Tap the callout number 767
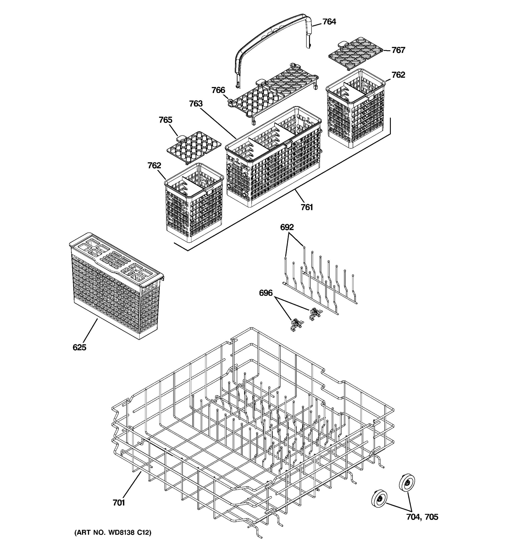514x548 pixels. [398, 50]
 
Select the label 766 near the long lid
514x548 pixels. [218, 90]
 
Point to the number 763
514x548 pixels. [196, 104]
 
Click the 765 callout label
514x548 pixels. [165, 120]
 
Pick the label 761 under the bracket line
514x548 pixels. [307, 207]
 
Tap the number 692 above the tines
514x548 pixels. [287, 227]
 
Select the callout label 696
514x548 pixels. [265, 293]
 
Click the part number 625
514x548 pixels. [79, 347]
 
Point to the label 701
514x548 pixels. [119, 503]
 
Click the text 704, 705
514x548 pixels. [422, 517]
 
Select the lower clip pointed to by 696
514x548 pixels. [297, 325]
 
